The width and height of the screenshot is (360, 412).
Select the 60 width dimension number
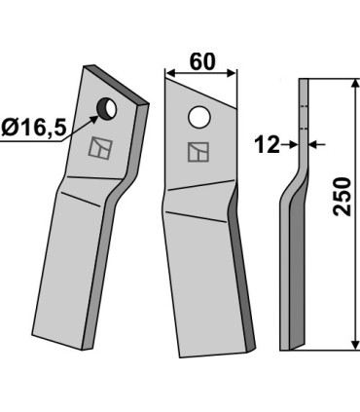[x=201, y=61]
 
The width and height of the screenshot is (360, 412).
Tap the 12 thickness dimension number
[x=266, y=145]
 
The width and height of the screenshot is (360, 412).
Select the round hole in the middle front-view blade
[x=199, y=118]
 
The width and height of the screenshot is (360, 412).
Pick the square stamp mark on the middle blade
[x=198, y=152]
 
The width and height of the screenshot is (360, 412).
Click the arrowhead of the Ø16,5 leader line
[x=95, y=116]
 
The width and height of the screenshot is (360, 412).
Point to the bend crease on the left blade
[x=81, y=192]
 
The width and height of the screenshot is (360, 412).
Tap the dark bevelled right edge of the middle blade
[x=245, y=282]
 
